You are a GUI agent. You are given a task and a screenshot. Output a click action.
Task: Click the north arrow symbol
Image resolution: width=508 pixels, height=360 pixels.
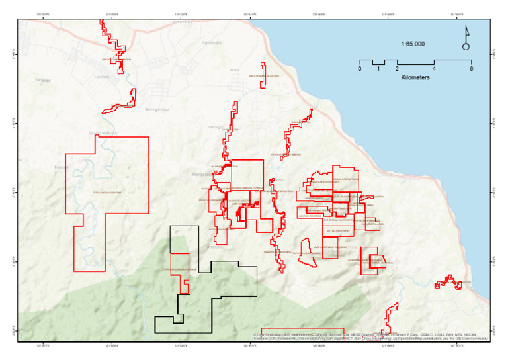pos(466,38)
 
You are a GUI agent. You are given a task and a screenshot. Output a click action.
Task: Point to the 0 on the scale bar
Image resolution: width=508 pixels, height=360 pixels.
pos(360,69)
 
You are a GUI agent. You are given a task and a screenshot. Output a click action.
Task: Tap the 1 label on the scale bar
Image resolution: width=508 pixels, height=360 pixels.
pos(378,69)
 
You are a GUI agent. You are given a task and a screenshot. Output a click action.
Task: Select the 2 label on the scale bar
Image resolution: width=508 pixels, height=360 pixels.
pos(397,69)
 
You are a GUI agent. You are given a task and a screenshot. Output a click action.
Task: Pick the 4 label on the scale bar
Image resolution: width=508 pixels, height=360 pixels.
pos(434,69)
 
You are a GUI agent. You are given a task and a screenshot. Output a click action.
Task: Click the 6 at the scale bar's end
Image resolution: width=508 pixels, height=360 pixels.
pos(471,69)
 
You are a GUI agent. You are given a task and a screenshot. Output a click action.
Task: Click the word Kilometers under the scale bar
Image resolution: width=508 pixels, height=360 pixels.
pos(415,77)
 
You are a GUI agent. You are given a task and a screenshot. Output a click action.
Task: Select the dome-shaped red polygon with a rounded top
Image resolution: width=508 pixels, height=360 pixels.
pos(306,253)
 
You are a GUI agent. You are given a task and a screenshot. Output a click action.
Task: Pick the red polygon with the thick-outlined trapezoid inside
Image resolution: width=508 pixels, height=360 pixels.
pos(372,259)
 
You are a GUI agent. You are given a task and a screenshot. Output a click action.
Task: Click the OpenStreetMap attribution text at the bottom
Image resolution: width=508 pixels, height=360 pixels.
pos(370,336)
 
